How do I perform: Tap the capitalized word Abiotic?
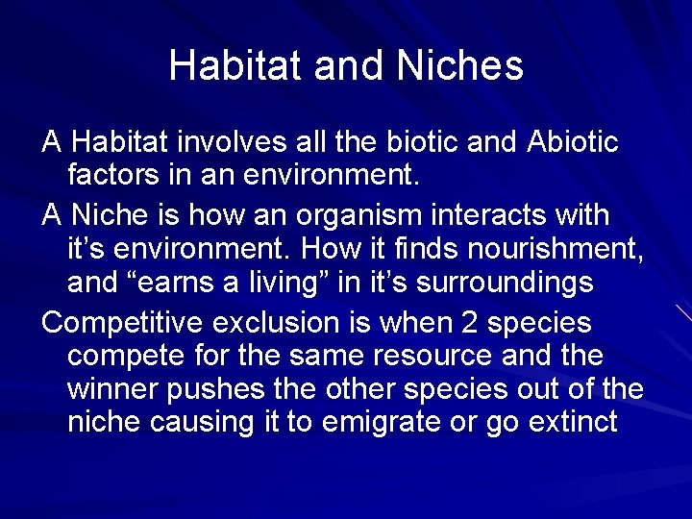click(574, 142)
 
